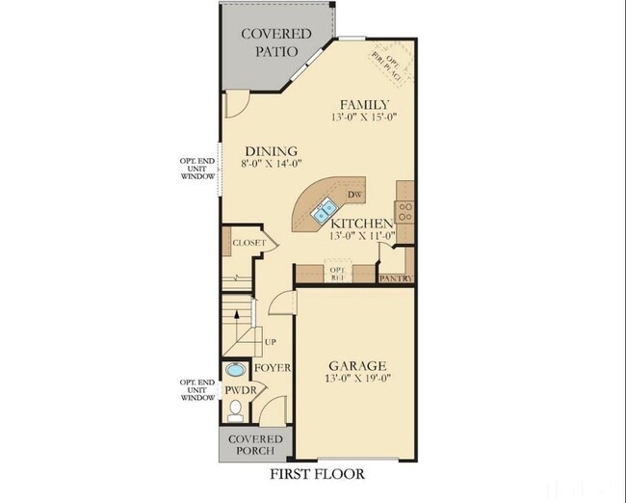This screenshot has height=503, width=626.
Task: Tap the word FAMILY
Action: [364, 104]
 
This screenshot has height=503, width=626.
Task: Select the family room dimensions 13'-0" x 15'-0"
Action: [364, 117]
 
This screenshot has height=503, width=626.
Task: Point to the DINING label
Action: [271, 150]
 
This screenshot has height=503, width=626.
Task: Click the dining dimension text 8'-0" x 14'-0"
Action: [271, 164]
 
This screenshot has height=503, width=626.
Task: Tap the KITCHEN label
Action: [363, 223]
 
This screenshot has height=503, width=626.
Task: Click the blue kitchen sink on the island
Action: [325, 206]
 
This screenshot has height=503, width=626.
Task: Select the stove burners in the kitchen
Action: [406, 212]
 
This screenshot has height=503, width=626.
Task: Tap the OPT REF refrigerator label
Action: [337, 274]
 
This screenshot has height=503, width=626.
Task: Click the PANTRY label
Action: [397, 278]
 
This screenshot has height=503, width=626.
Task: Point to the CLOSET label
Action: [248, 243]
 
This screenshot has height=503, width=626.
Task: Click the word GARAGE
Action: [357, 366]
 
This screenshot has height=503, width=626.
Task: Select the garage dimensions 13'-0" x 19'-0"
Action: [357, 379]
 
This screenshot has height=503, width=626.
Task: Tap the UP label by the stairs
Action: [271, 342]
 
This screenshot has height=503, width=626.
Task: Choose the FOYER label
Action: [272, 368]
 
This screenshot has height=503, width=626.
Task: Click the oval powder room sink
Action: [235, 369]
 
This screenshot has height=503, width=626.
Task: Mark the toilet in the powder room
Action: [234, 411]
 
